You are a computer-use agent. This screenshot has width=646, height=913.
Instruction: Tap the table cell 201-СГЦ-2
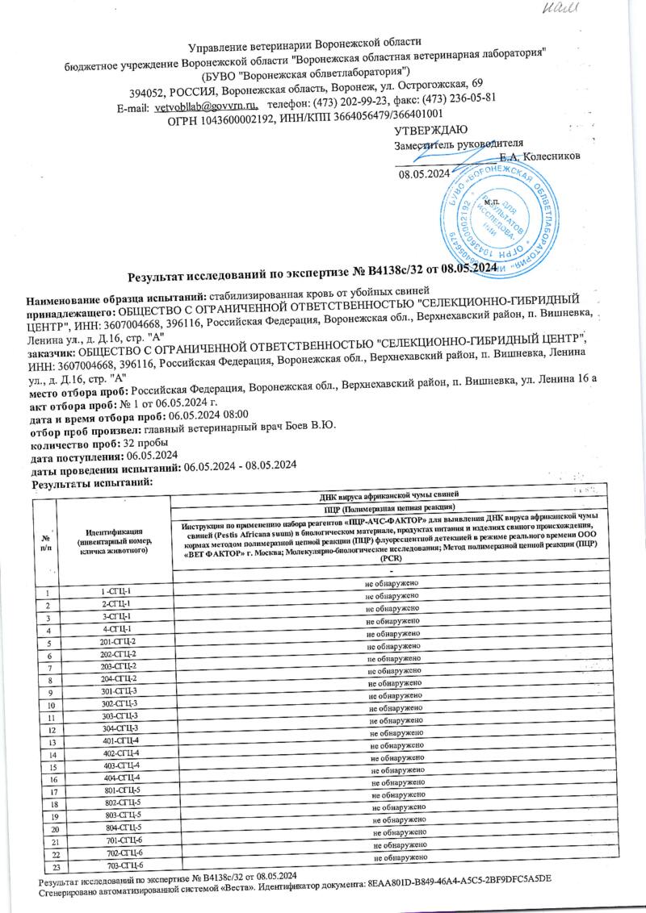click(114, 641)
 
